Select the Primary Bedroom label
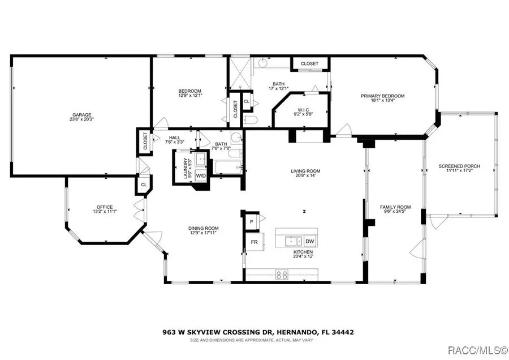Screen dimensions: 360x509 [383, 96]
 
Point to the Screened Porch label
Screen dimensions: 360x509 [459, 166]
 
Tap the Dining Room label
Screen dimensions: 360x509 [203, 228]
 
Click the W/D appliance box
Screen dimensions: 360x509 [201, 176]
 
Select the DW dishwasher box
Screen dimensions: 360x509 [309, 241]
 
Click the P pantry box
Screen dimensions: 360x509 [251, 222]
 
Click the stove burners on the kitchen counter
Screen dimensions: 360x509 [281, 275]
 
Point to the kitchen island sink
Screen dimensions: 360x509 [292, 240]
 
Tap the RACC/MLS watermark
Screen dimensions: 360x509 [481, 351]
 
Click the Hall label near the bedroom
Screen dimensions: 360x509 [175, 138]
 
